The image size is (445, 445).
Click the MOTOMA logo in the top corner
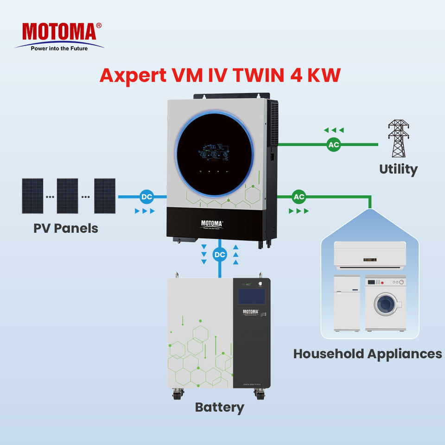coord(59,32)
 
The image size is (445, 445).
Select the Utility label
coord(398,169)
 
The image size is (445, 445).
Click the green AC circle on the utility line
coord(334,145)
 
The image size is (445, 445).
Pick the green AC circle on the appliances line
coord(299,197)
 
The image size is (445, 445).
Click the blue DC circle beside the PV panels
coord(146,197)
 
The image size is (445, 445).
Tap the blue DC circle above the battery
coord(219,254)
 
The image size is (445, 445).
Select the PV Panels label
coord(66,228)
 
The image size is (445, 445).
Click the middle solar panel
coord(68,196)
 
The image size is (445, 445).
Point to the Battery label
coord(219,407)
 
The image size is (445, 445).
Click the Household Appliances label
coord(367,354)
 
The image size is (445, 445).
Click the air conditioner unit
coord(369,255)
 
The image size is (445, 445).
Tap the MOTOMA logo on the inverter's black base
coord(212,224)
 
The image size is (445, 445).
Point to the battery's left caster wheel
coord(177,394)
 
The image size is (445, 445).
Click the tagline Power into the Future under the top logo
coord(59,48)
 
